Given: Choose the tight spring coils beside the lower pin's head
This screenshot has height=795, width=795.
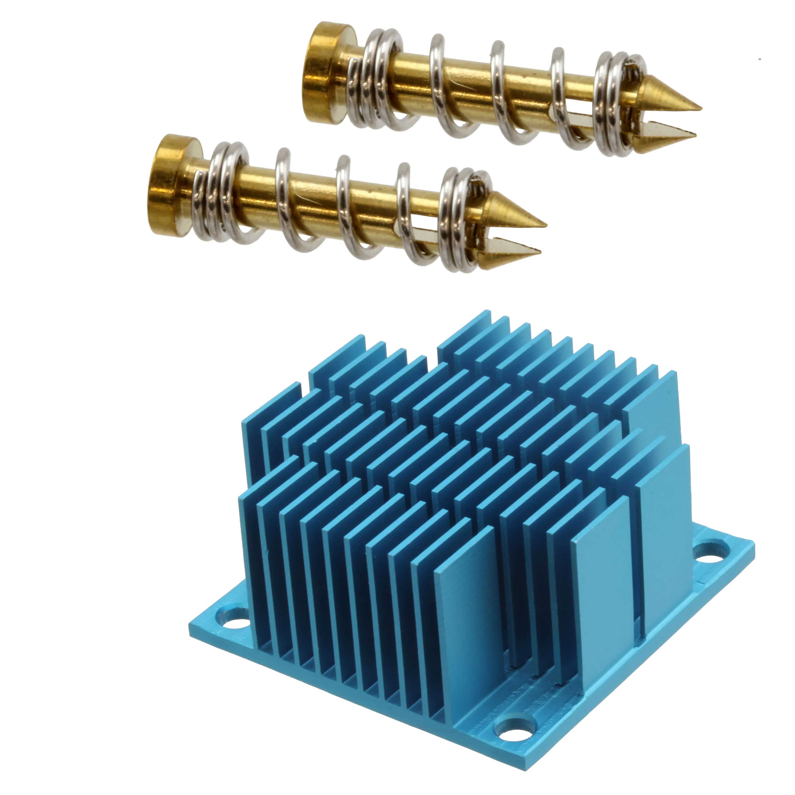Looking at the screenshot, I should (224, 191).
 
